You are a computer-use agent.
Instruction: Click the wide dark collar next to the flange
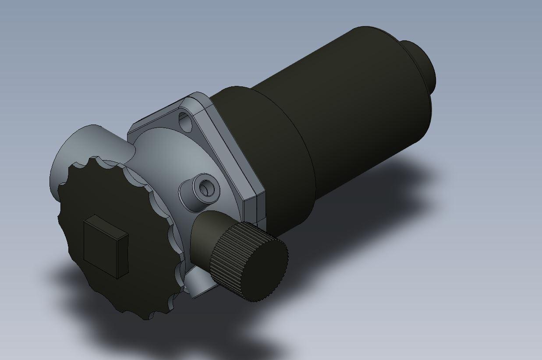[272, 145]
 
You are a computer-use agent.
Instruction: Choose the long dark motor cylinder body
[351, 110]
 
